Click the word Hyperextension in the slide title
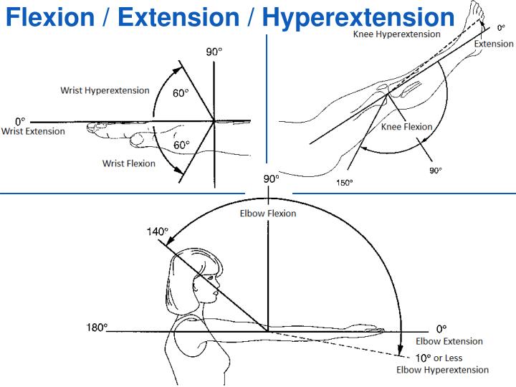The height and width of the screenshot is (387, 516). [x=358, y=16]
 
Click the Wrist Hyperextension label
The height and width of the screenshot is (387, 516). [x=105, y=91]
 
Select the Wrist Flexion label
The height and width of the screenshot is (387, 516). [x=129, y=163]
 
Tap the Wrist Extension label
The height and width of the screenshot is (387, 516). [x=33, y=132]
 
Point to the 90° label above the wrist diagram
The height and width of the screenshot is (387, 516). [x=214, y=52]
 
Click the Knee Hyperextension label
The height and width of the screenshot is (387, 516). [x=396, y=34]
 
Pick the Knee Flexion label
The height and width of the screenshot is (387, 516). [x=406, y=127]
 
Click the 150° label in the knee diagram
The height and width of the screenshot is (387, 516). [x=345, y=183]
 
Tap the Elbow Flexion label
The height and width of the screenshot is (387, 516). [x=268, y=214]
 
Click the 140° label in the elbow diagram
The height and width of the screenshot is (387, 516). [x=156, y=231]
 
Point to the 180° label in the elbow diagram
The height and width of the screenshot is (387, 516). [x=97, y=327]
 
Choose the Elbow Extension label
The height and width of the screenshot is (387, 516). [x=449, y=342]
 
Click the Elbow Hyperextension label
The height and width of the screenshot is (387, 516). [x=443, y=370]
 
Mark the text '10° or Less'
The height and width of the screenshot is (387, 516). [x=439, y=358]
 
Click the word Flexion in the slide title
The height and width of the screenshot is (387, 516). [x=49, y=16]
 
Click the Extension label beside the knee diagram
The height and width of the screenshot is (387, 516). [x=494, y=44]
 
